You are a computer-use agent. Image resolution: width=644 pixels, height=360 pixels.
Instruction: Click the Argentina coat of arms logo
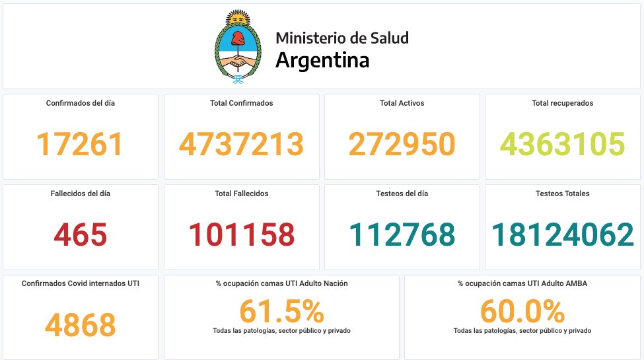click(x=238, y=47)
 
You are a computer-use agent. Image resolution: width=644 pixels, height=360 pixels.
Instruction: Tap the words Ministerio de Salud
click(x=342, y=38)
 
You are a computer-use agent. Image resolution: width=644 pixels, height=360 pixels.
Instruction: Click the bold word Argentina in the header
click(x=322, y=60)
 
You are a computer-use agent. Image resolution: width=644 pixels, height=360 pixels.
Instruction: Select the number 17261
click(x=80, y=144)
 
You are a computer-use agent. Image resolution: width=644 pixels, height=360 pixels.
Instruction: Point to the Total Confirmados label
click(x=242, y=103)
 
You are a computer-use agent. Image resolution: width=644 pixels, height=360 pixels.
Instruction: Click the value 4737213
click(x=242, y=144)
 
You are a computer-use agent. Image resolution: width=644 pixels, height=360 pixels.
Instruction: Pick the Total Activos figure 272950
click(x=402, y=144)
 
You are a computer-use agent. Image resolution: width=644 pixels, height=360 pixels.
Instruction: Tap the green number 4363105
click(x=563, y=144)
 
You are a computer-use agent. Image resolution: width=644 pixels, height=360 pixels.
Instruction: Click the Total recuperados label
click(x=563, y=103)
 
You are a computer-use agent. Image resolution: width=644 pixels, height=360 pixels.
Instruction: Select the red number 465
click(x=80, y=234)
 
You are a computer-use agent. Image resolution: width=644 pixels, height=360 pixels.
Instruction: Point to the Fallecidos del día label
click(x=81, y=194)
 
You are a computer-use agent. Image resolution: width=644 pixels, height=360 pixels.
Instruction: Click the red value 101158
click(x=242, y=234)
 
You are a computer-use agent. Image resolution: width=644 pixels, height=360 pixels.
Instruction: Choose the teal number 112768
click(x=402, y=234)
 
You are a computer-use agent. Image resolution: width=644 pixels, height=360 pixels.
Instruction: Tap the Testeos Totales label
click(x=563, y=194)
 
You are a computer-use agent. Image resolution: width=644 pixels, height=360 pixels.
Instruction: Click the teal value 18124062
click(x=563, y=234)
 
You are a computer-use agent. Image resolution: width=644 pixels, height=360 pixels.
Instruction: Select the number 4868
click(x=80, y=324)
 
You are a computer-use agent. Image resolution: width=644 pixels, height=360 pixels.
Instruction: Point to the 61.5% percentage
click(x=281, y=311)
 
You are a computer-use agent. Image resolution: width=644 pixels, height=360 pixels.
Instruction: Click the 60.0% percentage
click(x=522, y=311)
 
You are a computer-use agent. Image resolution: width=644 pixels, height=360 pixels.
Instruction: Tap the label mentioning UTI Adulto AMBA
click(x=522, y=283)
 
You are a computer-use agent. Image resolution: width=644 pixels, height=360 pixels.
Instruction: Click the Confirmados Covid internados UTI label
click(x=81, y=283)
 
